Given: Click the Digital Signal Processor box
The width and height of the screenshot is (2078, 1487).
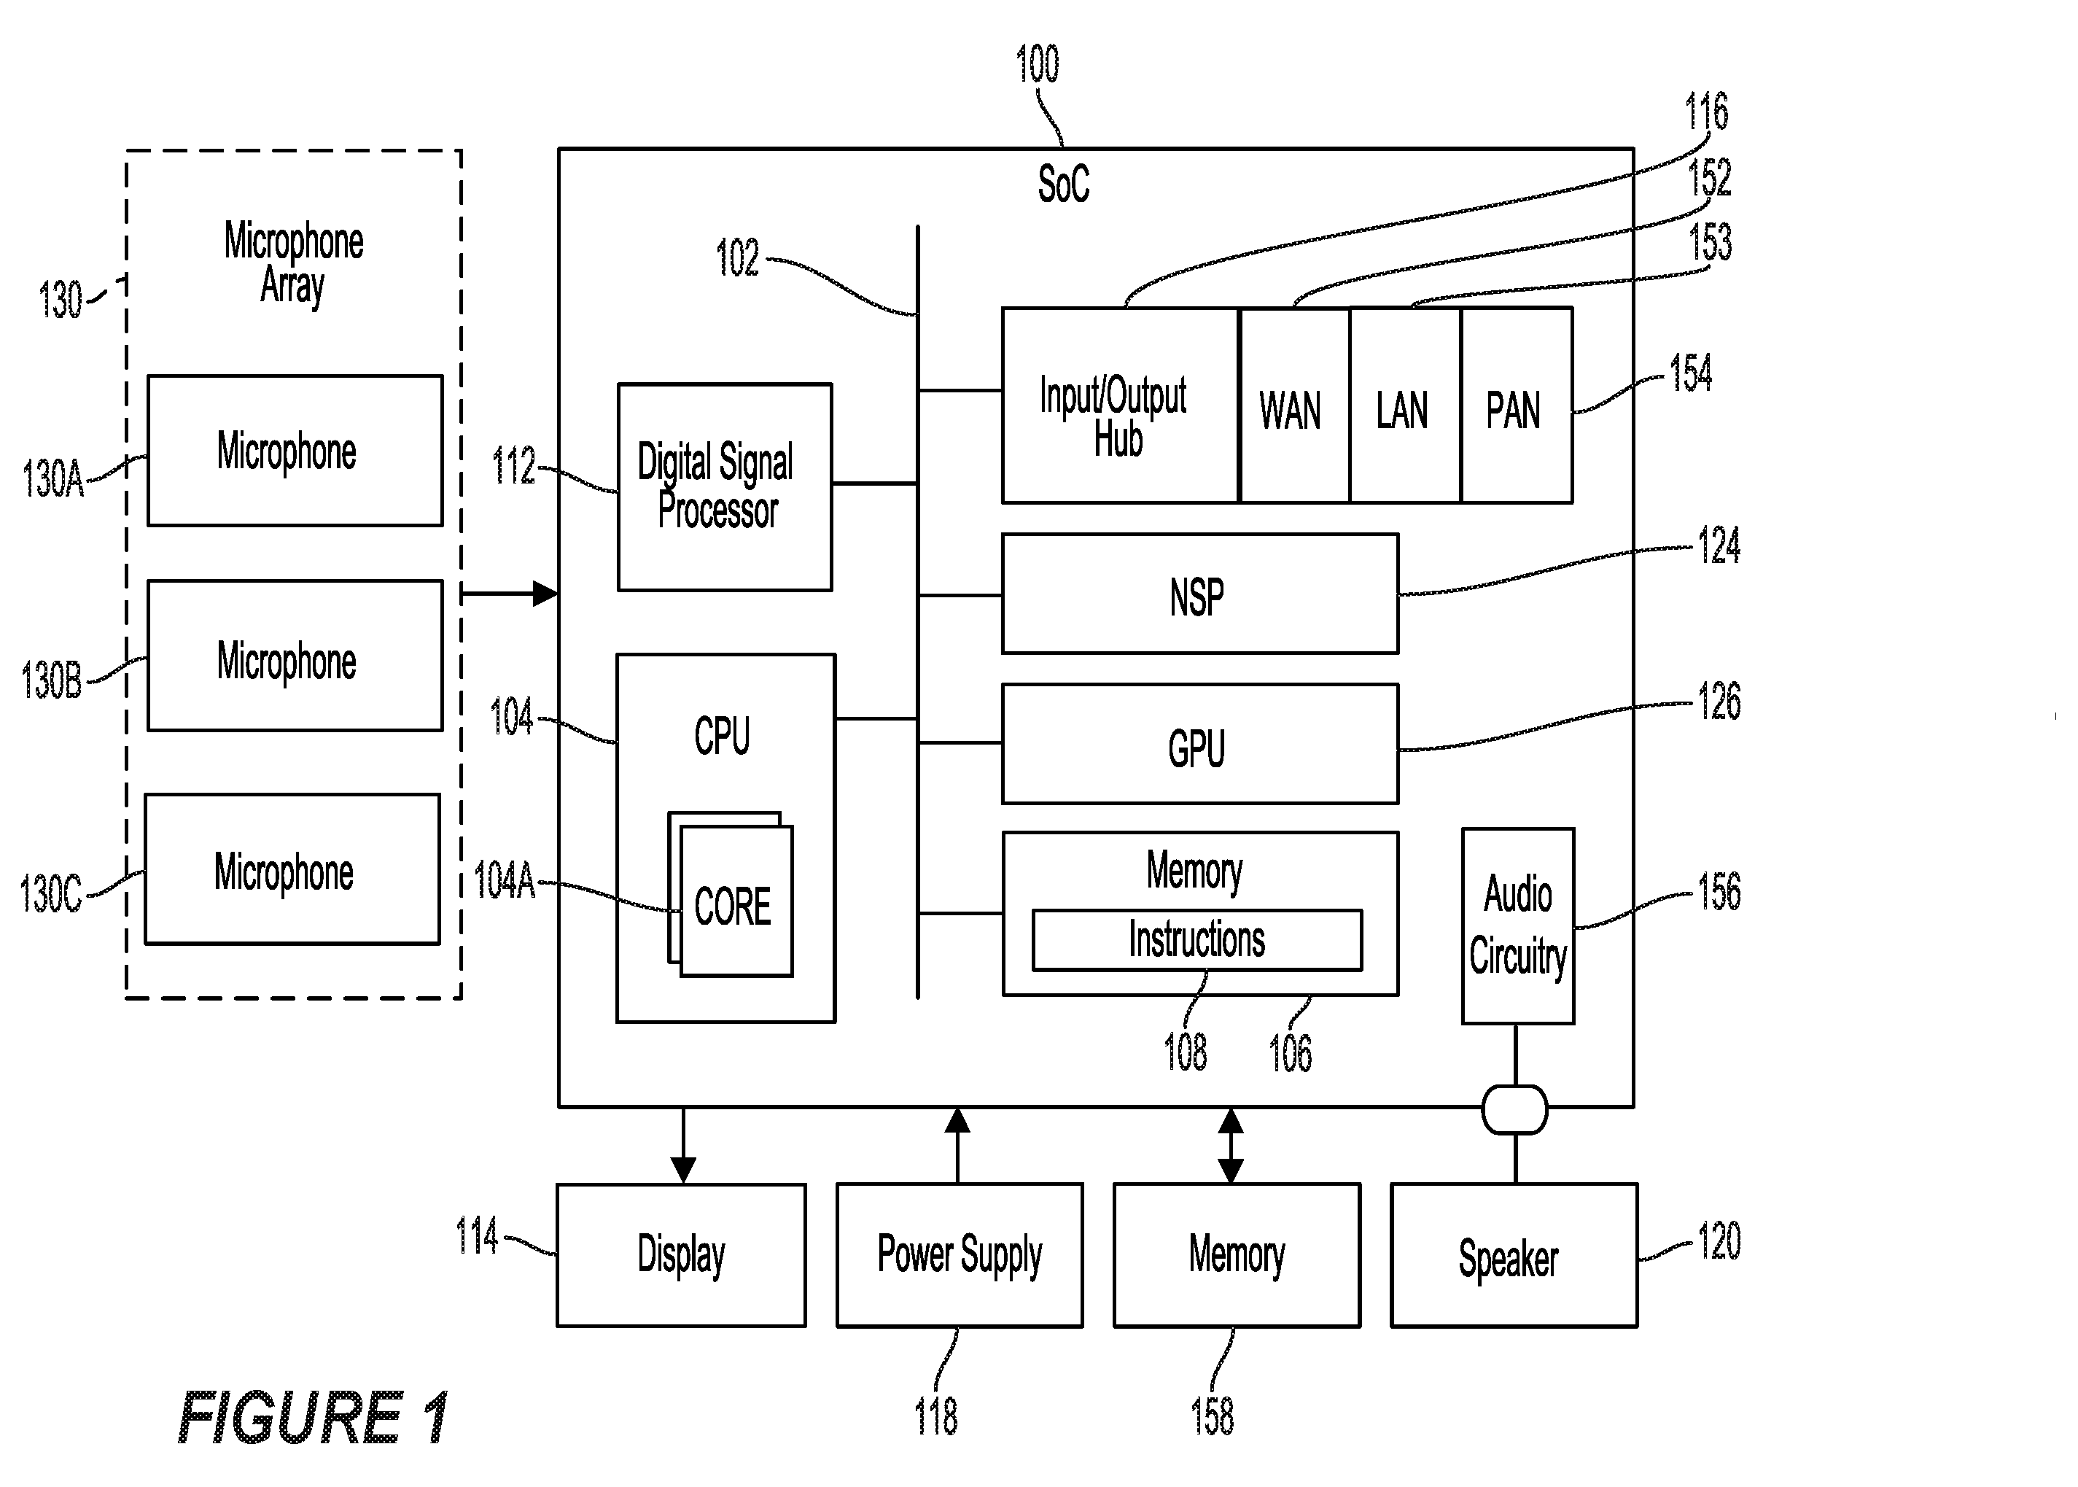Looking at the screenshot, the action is pos(724,487).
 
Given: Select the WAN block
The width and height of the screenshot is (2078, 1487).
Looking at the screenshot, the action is pos(1293,405).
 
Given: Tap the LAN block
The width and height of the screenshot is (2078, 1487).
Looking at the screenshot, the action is pos(1405,405).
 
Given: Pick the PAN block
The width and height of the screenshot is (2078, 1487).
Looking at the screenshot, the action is pos(1517,405).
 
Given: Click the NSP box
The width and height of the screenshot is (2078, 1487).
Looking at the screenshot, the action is pos(1200,594).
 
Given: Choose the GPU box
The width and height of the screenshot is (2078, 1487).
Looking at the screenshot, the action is pos(1200,744).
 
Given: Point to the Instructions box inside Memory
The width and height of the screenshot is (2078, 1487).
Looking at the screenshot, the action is pos(1197,939).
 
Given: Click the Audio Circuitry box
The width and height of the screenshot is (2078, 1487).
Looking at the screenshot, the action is pos(1518,925).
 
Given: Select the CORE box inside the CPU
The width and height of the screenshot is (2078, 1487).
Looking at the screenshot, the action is pos(736,901).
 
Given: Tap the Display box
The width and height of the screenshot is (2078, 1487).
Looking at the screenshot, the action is pos(681,1254).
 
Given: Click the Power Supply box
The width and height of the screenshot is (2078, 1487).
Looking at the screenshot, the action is pos(960,1254).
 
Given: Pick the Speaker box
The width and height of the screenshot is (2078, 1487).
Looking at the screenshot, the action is pos(1514,1254).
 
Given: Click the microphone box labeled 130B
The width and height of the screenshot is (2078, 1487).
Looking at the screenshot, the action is pos(295,656).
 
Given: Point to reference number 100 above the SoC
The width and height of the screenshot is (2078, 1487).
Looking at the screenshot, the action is pos(1037,64).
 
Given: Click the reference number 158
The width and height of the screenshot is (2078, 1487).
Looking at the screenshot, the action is pos(1212,1416).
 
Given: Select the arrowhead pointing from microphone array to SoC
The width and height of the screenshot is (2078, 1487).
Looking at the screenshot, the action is pos(545,594).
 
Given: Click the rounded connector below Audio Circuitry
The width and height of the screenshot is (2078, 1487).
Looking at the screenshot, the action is pos(1515,1109).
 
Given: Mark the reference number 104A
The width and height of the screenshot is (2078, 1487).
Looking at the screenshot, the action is pos(505,881).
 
